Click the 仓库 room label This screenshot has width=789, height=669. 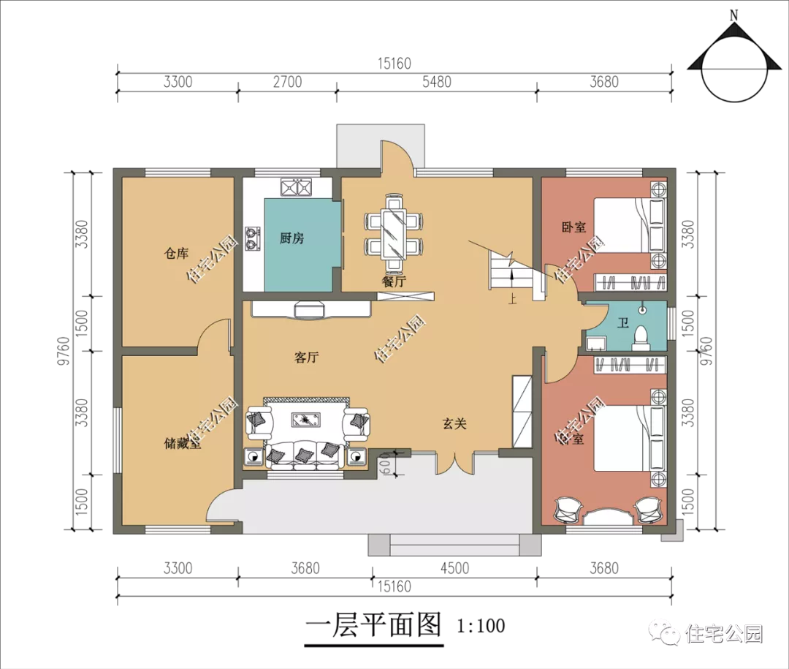coord(176,253)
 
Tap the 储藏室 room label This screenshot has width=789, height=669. coord(182,443)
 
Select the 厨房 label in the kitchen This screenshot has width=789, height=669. coord(291,238)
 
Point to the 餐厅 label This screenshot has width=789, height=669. coord(394,281)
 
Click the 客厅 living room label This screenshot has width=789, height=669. coord(306,358)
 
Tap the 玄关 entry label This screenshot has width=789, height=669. coord(454,423)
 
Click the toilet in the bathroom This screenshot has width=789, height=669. coord(641,338)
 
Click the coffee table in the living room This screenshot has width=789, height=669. coord(306,419)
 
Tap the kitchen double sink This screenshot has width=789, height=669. coord(295,187)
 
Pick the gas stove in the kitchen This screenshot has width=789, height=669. coord(252,239)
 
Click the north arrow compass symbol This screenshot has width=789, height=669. coord(733,61)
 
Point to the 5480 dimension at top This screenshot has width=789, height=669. coord(437,82)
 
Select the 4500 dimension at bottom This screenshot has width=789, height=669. coord(454,568)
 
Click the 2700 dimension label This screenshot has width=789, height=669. coord(287,82)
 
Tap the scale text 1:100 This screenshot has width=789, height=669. coord(481,626)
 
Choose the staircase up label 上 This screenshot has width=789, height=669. coord(512,299)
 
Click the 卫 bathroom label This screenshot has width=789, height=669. coord(623,322)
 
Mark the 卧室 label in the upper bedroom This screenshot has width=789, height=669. coord(573,227)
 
